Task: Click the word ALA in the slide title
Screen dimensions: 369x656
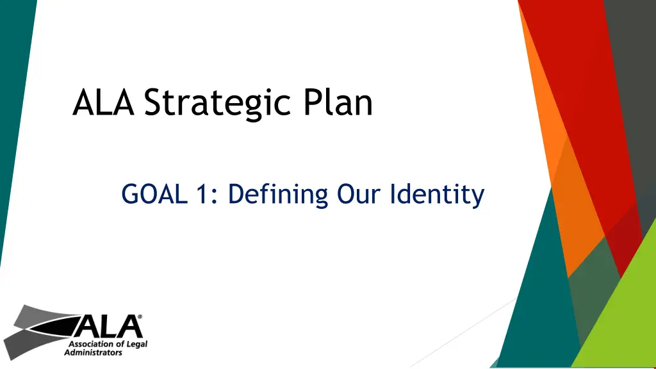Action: coord(103,102)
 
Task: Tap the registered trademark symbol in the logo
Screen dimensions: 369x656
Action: coord(140,316)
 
